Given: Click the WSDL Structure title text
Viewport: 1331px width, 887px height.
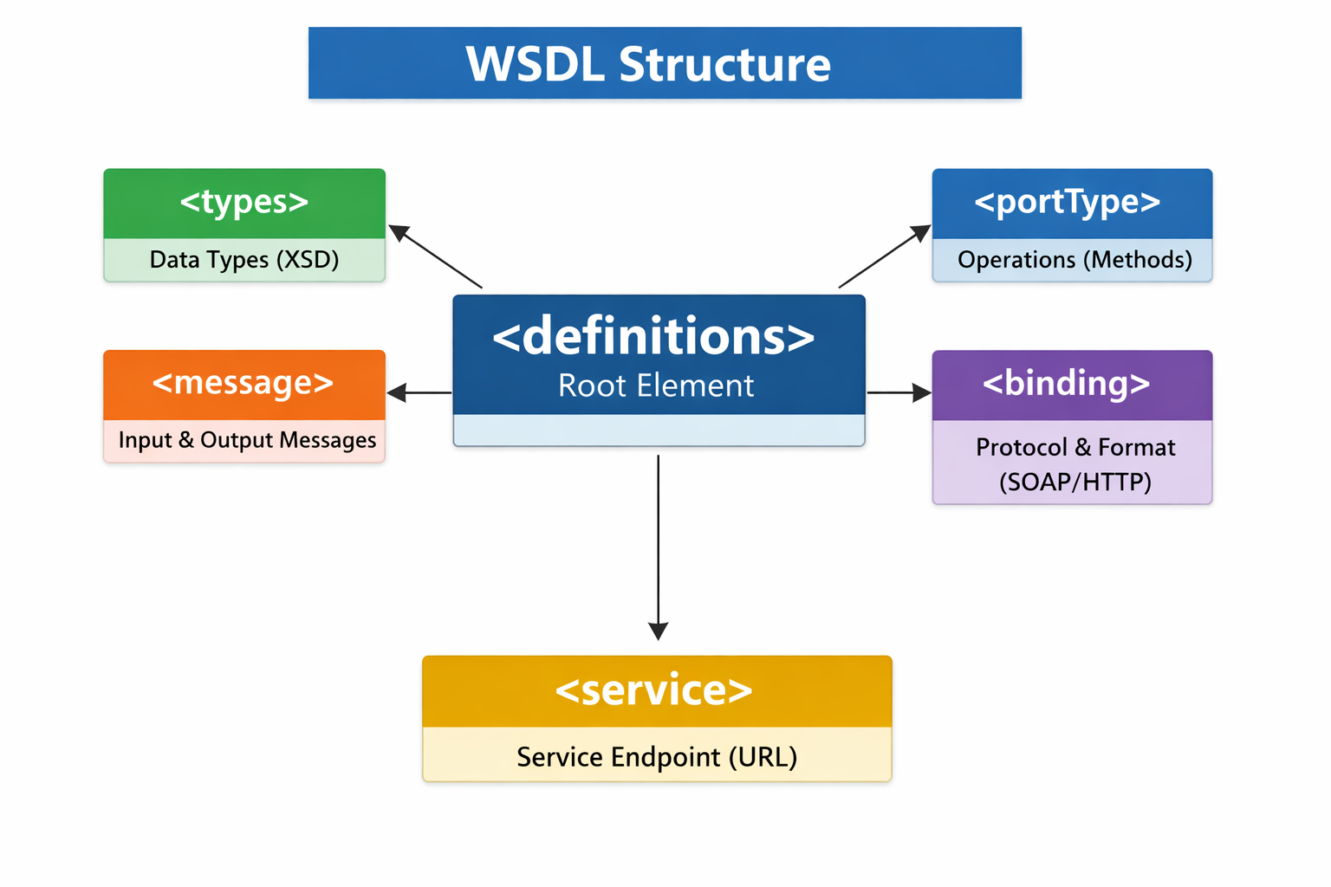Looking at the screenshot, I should coord(648,64).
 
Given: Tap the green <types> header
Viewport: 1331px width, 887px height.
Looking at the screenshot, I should coord(244,202).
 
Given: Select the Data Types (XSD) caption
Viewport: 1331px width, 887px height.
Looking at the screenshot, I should coord(244,260).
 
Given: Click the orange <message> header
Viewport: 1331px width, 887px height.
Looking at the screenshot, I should coord(243,383).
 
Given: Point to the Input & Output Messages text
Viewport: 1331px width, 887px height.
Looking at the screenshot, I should coord(247,440).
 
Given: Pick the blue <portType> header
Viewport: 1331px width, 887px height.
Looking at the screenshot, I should coord(1068,202).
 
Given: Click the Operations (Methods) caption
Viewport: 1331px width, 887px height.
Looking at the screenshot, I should coord(1075,260).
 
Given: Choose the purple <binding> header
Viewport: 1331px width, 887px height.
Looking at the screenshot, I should coord(1067,384).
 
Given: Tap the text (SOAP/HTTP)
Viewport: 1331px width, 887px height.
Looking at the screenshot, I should coord(1075,482).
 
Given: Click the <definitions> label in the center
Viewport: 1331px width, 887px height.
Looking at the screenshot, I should coord(654,336).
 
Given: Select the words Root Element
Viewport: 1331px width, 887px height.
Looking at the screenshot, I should coord(656,385).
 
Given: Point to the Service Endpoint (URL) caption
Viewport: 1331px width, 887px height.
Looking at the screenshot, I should coord(657,757).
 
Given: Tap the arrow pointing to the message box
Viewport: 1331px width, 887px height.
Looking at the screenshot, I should coord(419,393).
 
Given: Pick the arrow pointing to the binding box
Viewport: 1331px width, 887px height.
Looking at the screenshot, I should coord(899,393).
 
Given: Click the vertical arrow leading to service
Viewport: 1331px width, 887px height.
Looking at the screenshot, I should coord(659,546).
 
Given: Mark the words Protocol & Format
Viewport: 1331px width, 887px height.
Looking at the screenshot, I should coord(1075,448).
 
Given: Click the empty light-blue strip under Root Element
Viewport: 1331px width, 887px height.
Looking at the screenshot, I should coord(659,431).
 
